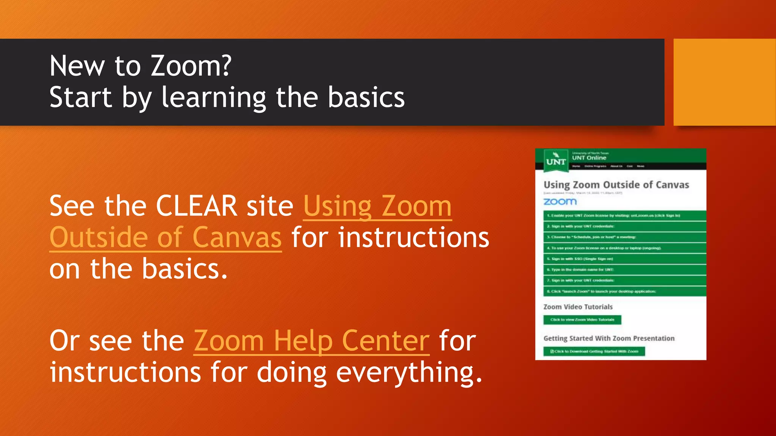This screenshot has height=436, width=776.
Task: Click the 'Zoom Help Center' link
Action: (x=311, y=341)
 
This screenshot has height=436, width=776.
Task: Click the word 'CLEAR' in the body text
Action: (x=196, y=206)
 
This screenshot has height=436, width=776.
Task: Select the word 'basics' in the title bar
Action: (x=366, y=98)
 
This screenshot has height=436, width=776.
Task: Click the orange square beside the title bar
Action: (x=724, y=82)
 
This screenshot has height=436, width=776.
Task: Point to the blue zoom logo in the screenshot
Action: (x=560, y=202)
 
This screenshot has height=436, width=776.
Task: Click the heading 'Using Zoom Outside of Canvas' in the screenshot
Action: (x=616, y=185)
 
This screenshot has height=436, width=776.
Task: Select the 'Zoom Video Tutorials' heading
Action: (x=578, y=307)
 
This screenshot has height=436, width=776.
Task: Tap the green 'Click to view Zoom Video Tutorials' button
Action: (x=582, y=320)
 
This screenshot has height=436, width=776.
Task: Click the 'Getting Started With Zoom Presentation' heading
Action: (x=609, y=338)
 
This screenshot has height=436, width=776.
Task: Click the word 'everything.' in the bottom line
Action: (x=409, y=373)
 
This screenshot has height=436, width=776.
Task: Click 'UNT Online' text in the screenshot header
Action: (x=589, y=158)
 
